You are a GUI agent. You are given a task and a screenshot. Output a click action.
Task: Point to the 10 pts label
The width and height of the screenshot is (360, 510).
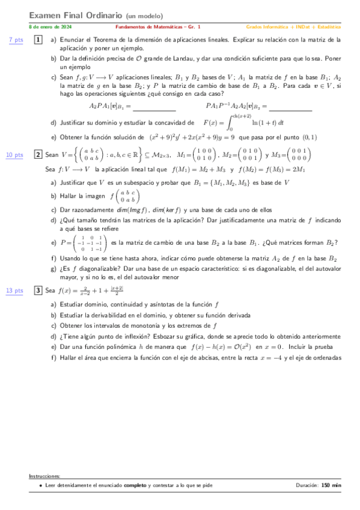point(14,155)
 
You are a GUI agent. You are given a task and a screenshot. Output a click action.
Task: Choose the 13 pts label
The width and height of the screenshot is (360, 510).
point(14,290)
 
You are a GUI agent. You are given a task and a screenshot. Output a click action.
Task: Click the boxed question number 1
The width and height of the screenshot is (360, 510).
point(38,40)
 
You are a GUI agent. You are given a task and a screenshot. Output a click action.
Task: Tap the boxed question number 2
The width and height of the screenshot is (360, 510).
point(38,155)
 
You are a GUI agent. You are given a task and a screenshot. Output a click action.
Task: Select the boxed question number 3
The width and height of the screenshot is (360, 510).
point(38,290)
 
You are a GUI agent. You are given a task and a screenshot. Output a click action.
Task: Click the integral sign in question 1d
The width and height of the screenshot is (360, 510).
point(229,123)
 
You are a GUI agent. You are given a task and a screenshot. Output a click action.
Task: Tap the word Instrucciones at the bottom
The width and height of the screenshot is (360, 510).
point(44,476)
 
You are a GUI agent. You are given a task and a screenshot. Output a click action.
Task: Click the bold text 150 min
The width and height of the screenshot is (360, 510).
point(331,485)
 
